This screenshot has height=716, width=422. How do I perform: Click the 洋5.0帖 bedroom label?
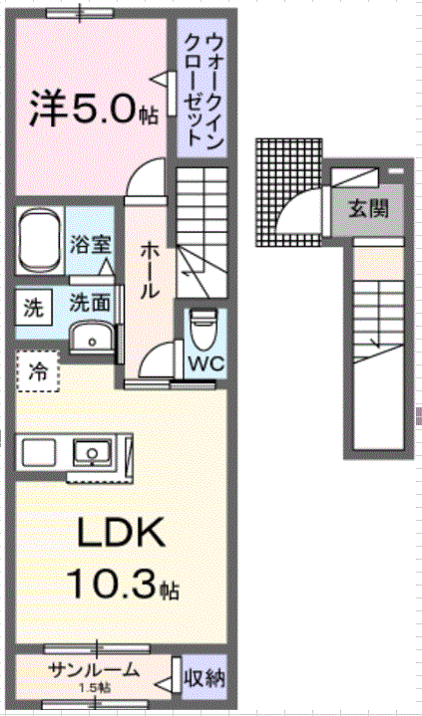(x=94, y=110)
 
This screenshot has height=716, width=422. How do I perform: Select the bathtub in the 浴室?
(x=40, y=241)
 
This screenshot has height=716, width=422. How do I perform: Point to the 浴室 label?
(x=90, y=244)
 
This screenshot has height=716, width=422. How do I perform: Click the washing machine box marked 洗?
(x=33, y=309)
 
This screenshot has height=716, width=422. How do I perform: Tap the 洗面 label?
(x=90, y=303)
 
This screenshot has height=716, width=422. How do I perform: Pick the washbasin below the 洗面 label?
(x=93, y=337)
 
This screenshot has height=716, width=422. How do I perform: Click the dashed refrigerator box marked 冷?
(x=38, y=371)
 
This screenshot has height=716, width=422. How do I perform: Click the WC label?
(x=207, y=363)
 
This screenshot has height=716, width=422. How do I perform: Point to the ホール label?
(x=150, y=270)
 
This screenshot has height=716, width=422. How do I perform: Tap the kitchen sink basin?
(x=93, y=452)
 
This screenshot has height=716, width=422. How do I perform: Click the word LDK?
(x=121, y=533)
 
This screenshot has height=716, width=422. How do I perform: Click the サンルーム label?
(x=93, y=670)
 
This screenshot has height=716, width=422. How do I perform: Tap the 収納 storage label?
(x=205, y=678)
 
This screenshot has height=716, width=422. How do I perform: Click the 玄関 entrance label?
(x=369, y=208)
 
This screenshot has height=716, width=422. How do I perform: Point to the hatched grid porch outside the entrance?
(x=289, y=193)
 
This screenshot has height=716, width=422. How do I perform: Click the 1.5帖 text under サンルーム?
(x=95, y=687)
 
